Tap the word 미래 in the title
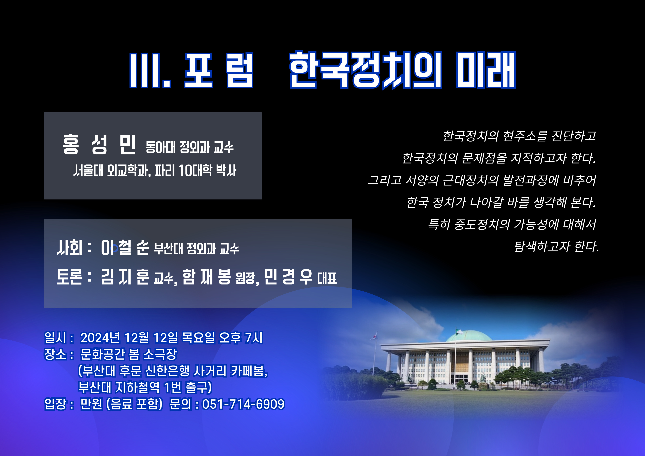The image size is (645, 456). [486, 70]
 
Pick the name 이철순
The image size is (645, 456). [125, 248]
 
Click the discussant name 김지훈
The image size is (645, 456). [125, 277]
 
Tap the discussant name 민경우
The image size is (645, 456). [288, 277]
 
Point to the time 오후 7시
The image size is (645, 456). [241, 338]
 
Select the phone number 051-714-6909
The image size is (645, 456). [243, 404]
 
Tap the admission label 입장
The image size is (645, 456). [55, 404]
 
